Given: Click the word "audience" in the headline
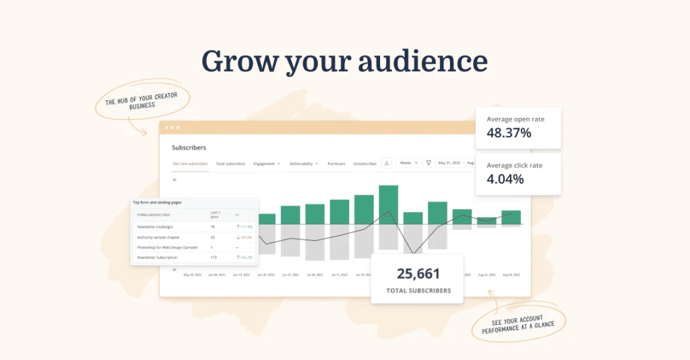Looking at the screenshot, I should [423, 61].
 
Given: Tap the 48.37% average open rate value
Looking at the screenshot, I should [509, 133].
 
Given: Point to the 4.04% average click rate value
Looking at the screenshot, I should [505, 179].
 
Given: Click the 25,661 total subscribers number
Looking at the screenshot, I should [418, 274].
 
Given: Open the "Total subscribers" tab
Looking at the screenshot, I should [230, 163].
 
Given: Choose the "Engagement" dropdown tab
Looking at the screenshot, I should [267, 163].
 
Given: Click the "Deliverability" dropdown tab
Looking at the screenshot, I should [304, 163].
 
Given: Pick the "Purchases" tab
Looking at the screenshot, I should [337, 163].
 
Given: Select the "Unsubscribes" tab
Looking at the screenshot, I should [365, 163].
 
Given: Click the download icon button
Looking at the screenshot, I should [387, 162].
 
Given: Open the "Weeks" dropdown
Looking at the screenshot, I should [408, 162].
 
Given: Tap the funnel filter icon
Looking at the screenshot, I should [429, 162].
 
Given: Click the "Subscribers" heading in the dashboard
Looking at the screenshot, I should [189, 147].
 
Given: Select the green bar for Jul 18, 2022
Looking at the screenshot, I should [364, 210].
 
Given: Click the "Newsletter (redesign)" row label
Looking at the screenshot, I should [154, 227].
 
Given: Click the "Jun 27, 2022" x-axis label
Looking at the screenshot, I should [290, 275].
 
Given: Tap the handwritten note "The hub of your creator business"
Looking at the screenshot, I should [142, 100].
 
